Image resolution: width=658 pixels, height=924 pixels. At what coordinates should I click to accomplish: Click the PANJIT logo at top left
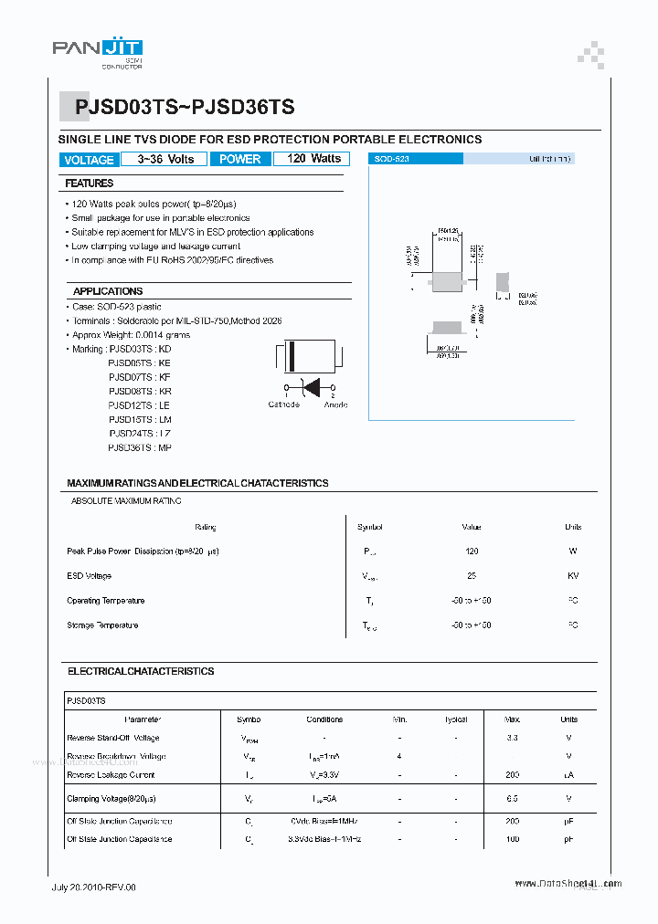pyautogui.click(x=97, y=50)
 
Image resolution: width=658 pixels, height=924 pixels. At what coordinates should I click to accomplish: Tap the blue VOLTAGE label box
pyautogui.click(x=89, y=160)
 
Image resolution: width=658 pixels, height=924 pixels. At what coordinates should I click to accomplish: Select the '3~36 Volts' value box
pyautogui.click(x=165, y=159)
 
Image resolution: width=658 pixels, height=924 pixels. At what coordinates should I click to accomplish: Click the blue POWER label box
pyautogui.click(x=240, y=159)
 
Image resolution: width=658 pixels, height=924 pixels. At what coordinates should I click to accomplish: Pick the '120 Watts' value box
pyautogui.click(x=313, y=159)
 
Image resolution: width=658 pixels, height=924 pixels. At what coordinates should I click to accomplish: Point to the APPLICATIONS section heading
pyautogui.click(x=108, y=291)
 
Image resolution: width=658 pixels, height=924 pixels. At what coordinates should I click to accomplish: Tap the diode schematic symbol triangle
pyautogui.click(x=311, y=387)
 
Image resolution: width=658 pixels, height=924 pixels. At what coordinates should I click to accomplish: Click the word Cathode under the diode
pyautogui.click(x=283, y=404)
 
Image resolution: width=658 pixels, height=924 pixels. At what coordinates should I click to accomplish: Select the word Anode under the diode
pyautogui.click(x=335, y=404)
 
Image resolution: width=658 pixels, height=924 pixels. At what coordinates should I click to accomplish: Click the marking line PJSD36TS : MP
pyautogui.click(x=139, y=447)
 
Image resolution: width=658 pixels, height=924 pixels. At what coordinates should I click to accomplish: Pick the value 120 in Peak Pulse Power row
pyautogui.click(x=472, y=551)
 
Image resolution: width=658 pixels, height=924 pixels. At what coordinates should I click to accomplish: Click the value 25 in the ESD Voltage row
pyautogui.click(x=472, y=576)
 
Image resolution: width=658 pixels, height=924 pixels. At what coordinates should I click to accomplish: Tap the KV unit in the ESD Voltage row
pyautogui.click(x=572, y=576)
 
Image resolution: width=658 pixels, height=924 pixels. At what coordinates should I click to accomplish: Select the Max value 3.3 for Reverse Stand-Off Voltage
pyautogui.click(x=512, y=738)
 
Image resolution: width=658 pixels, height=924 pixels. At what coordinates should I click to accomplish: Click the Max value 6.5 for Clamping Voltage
pyautogui.click(x=512, y=799)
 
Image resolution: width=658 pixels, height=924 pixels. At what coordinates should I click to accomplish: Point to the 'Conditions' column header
pyautogui.click(x=324, y=719)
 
